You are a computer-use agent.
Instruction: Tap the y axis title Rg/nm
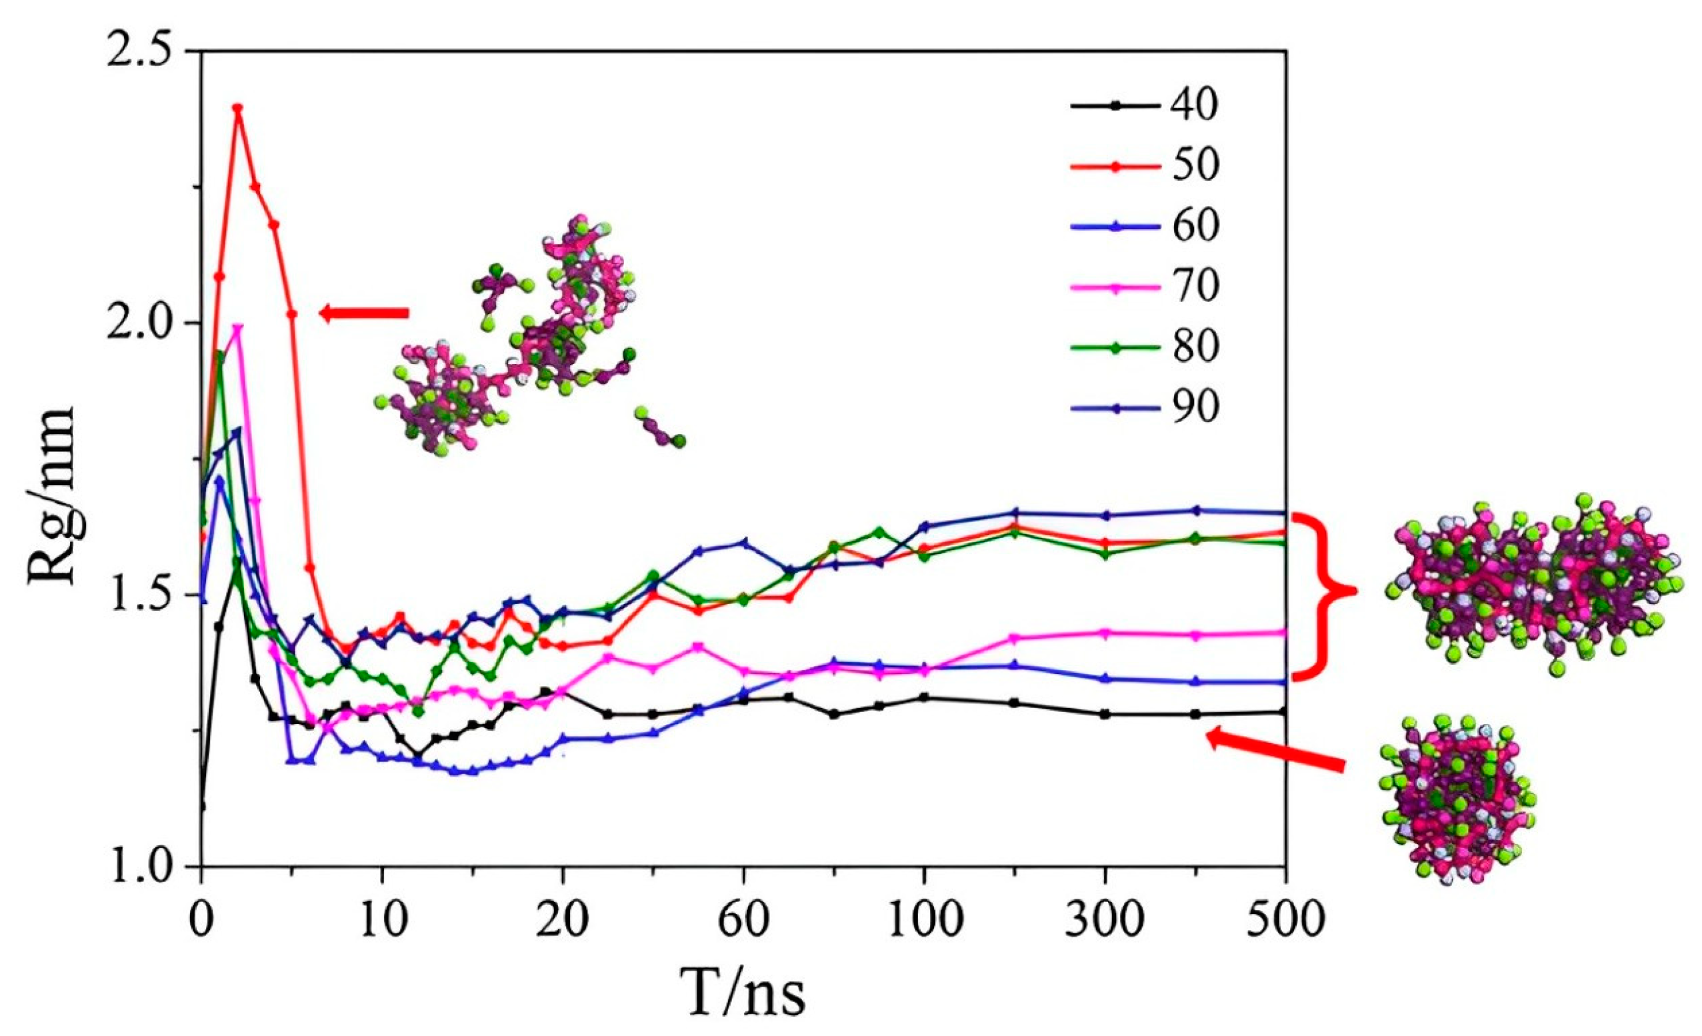pyautogui.click(x=53, y=495)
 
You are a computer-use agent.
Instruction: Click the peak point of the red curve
pyautogui.click(x=237, y=109)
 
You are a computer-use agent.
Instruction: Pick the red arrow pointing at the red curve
pyautogui.click(x=365, y=313)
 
